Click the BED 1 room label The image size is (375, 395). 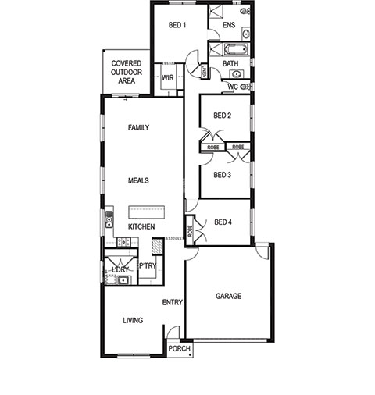(177, 25)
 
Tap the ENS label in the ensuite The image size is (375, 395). (229, 25)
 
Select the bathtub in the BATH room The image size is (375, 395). (237, 49)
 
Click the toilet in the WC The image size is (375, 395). (245, 87)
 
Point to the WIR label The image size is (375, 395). (168, 78)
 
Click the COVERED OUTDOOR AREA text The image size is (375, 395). (127, 72)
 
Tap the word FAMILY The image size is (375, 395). (139, 127)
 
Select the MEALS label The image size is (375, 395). (138, 180)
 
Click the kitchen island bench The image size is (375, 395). (147, 212)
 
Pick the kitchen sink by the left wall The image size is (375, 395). (109, 219)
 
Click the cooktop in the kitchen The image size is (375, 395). (123, 242)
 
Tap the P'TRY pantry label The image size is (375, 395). (148, 266)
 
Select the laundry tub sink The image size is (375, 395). (123, 280)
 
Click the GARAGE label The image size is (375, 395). (229, 296)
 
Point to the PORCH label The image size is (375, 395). (180, 348)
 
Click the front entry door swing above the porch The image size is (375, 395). (173, 333)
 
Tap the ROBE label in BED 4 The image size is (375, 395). (190, 231)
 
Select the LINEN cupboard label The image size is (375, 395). (204, 71)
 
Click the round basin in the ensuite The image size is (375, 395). (246, 34)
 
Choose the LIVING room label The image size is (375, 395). (133, 320)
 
